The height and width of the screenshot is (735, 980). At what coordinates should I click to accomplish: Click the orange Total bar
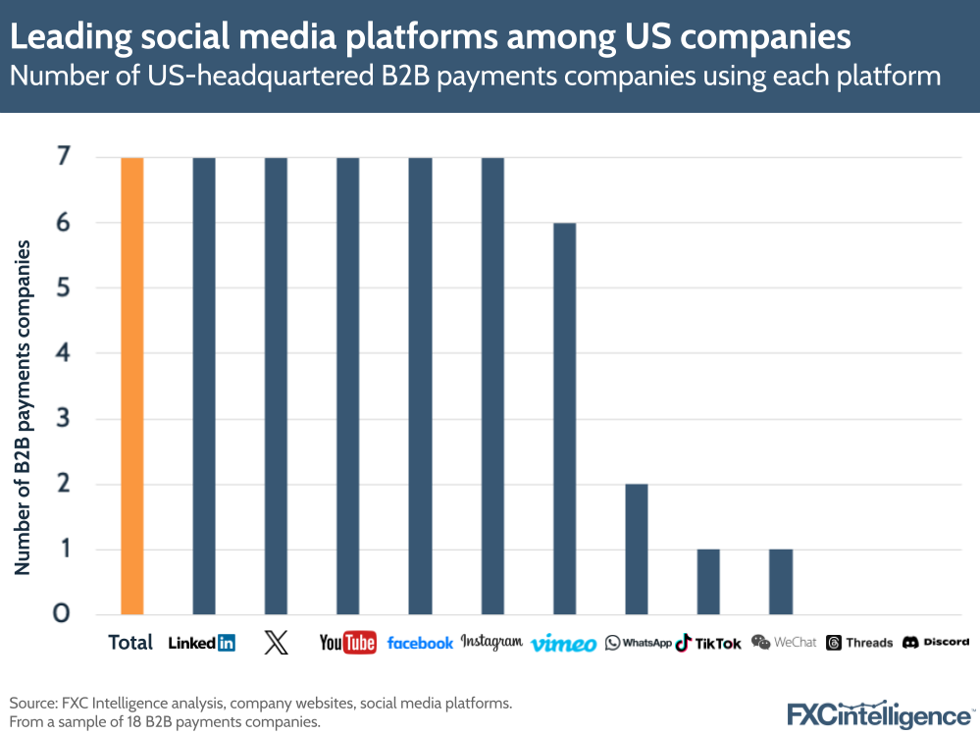click(x=132, y=385)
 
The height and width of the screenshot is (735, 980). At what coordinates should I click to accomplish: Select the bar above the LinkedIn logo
click(x=204, y=385)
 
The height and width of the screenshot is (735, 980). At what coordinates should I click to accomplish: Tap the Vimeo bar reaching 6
click(x=564, y=417)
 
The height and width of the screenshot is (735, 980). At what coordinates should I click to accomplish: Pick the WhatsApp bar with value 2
click(x=637, y=549)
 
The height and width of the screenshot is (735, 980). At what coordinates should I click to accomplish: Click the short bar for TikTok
click(x=708, y=581)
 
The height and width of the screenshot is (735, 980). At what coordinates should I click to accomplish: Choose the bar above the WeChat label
click(x=781, y=581)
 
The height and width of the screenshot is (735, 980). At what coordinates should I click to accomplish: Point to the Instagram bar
click(x=492, y=385)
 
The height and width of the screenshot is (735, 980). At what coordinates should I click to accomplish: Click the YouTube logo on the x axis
click(x=347, y=643)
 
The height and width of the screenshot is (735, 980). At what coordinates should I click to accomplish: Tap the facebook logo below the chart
click(x=420, y=643)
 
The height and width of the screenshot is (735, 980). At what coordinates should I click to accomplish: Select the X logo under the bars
click(x=277, y=643)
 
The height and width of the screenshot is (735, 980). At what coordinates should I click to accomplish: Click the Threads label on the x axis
click(x=859, y=643)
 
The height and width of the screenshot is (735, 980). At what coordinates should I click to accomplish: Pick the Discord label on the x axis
click(x=936, y=642)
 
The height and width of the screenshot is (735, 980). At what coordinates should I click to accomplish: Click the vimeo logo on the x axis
click(x=564, y=644)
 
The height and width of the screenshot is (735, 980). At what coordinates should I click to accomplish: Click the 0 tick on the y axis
click(x=61, y=613)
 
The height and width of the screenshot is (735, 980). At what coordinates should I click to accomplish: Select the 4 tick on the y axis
click(x=61, y=352)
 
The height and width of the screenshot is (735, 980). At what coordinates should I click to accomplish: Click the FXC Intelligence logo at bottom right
click(x=878, y=714)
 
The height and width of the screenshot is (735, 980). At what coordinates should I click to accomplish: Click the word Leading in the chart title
click(x=69, y=37)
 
